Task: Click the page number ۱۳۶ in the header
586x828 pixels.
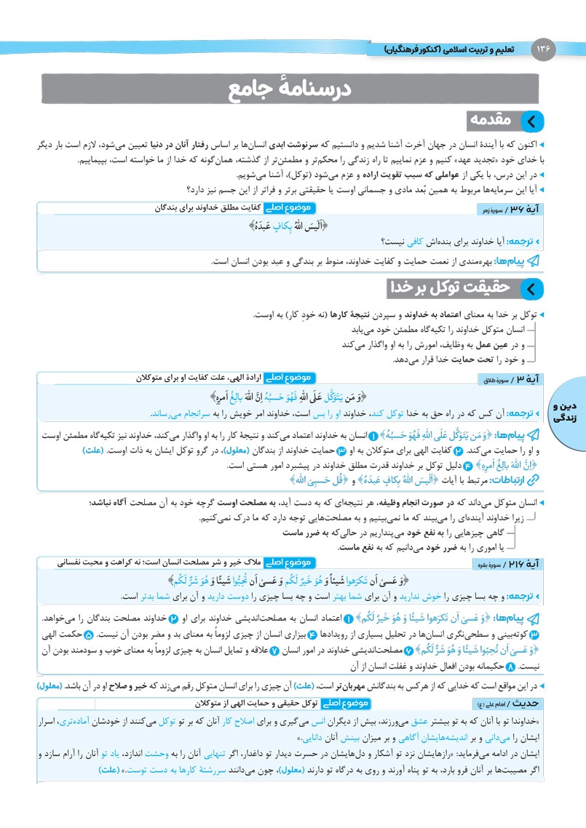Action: coord(544,49)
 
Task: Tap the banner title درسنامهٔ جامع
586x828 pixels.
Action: coord(291,90)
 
